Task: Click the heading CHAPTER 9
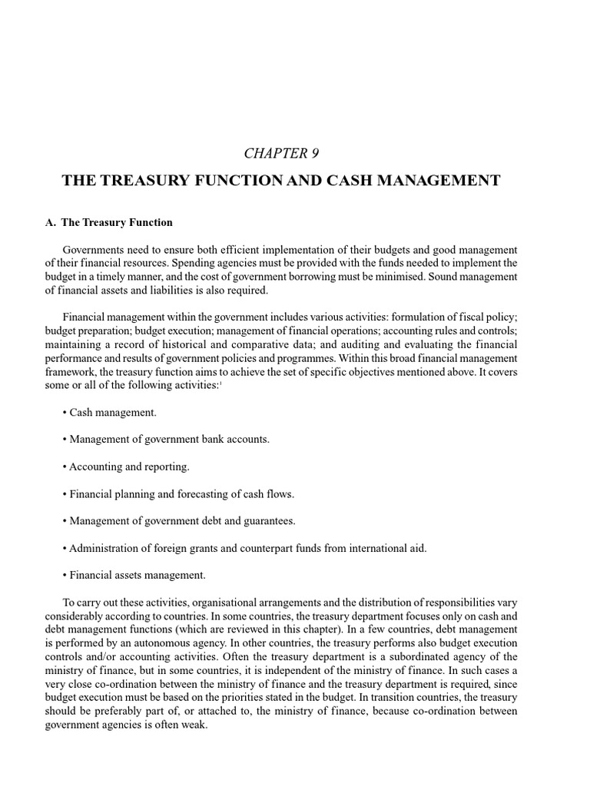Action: (281, 153)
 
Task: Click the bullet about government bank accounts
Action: (165, 440)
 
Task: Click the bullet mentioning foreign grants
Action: (244, 548)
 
